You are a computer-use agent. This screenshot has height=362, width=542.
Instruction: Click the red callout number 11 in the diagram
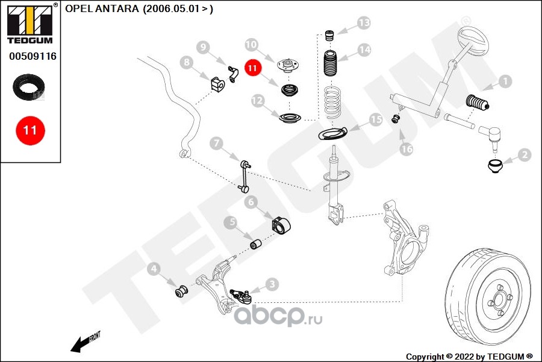click(x=252, y=68)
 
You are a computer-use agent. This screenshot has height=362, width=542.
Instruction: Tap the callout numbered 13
click(x=363, y=24)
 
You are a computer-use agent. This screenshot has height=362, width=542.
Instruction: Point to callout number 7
click(x=216, y=144)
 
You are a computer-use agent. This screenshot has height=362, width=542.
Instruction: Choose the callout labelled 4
click(x=154, y=268)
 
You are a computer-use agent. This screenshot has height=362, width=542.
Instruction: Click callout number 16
click(x=407, y=148)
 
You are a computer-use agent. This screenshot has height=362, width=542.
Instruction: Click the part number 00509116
click(x=33, y=56)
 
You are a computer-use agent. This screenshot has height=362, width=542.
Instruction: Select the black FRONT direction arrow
click(x=79, y=344)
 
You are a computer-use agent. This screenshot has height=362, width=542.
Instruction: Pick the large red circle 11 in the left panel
click(x=30, y=130)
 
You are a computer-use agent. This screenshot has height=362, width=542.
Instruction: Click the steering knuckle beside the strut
click(x=403, y=241)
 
